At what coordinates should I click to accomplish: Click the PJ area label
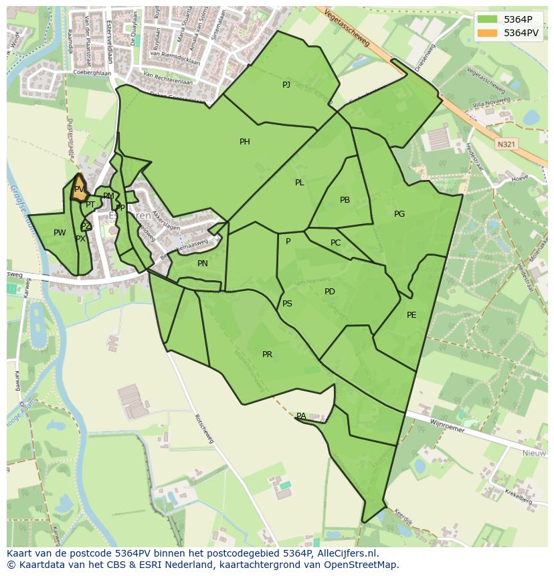(286, 84)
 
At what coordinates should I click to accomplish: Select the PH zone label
(245, 142)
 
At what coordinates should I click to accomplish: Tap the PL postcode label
(299, 183)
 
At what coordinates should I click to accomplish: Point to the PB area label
(345, 200)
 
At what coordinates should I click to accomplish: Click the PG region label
(399, 214)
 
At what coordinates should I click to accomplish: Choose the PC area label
(335, 243)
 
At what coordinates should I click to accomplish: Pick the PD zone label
(329, 292)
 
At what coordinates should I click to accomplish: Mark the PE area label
(411, 315)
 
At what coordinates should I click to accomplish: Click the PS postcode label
(287, 304)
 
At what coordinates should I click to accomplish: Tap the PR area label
(267, 355)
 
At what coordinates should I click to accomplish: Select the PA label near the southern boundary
(301, 416)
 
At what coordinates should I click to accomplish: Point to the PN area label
(203, 264)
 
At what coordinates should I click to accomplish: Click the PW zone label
(60, 233)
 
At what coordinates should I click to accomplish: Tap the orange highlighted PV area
(79, 189)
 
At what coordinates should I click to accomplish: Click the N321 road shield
(506, 144)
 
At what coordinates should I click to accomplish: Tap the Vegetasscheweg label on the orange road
(346, 27)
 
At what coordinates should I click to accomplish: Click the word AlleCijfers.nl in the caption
(347, 553)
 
